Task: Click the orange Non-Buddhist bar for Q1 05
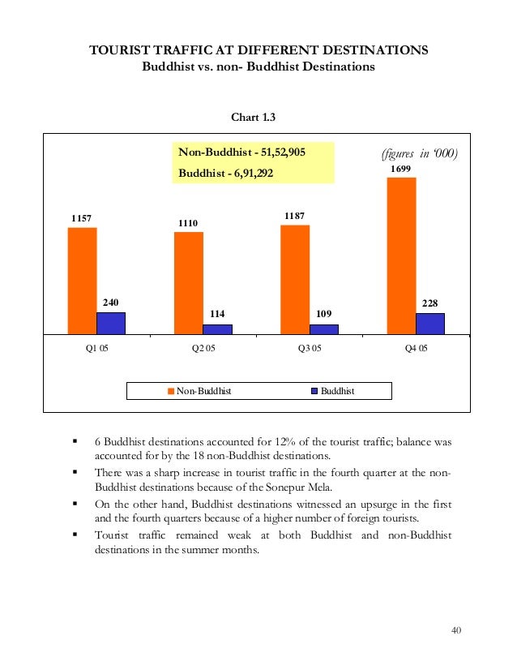click(82, 280)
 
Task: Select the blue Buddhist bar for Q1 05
click(111, 323)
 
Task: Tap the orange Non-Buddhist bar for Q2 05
click(189, 282)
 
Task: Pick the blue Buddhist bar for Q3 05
click(324, 329)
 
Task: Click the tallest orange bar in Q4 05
click(401, 255)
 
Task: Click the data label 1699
click(400, 169)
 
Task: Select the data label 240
click(111, 303)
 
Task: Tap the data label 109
click(324, 314)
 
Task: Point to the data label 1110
click(189, 223)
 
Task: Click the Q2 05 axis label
click(203, 350)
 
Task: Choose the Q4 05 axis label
click(416, 350)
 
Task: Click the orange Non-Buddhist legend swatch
click(171, 391)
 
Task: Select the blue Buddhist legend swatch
click(314, 391)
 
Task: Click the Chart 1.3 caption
click(254, 118)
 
